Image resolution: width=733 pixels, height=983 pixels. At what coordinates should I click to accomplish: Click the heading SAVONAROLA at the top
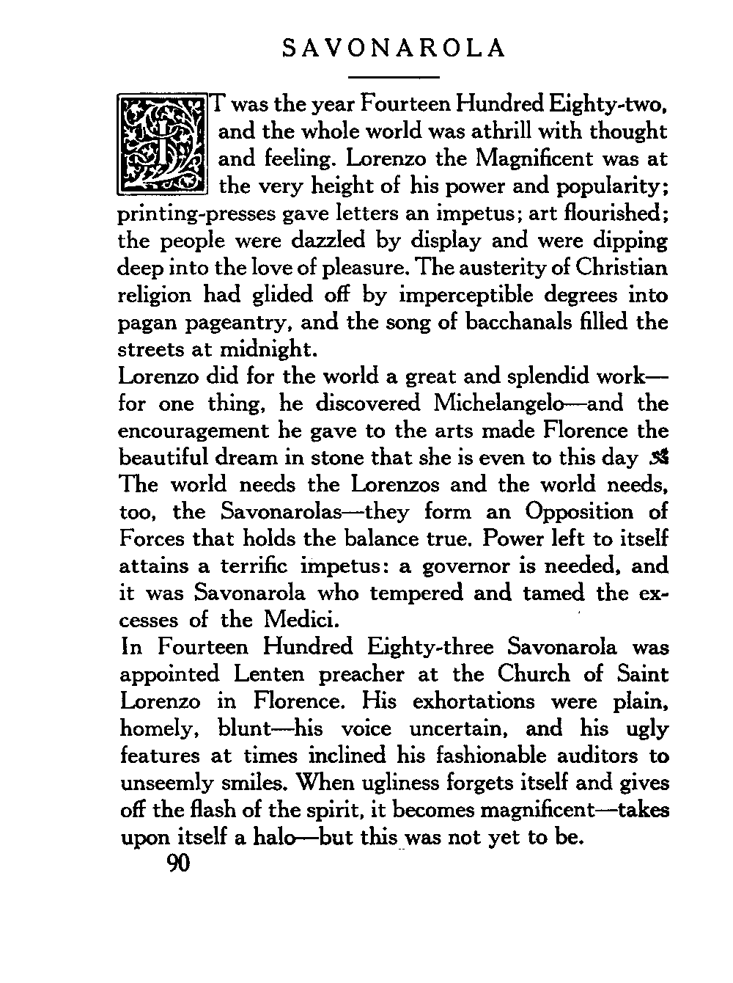coord(394,48)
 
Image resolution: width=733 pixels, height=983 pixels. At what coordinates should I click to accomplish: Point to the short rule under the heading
coord(394,76)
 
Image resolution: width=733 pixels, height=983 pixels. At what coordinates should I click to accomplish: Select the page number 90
coord(179,864)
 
